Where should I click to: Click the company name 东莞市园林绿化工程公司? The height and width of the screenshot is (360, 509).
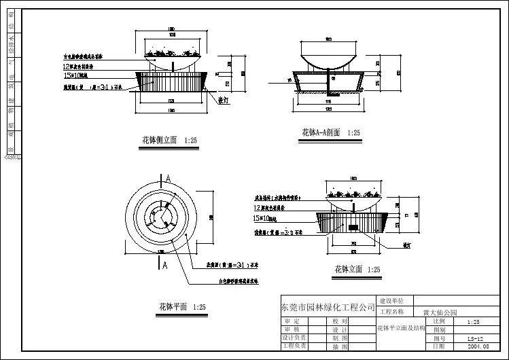328,307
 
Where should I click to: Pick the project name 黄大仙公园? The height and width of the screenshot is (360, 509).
440,313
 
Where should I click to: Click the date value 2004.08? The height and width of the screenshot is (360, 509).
477,346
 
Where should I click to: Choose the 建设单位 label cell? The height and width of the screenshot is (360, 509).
394,300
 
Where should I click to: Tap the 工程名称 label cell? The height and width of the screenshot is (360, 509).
394,312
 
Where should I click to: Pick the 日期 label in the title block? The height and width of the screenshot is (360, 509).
438,346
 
